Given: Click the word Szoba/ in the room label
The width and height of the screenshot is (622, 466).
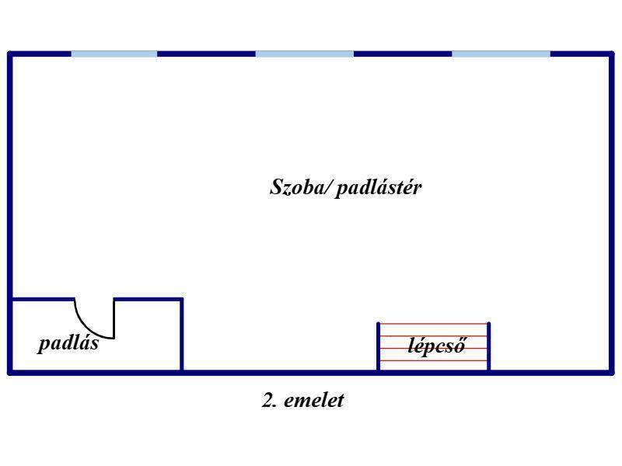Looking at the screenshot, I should point(301,188).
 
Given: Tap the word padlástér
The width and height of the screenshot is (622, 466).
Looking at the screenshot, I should point(379,188).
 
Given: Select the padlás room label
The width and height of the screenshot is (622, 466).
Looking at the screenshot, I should point(68,343).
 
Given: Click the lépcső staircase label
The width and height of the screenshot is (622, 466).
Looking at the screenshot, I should point(437,346).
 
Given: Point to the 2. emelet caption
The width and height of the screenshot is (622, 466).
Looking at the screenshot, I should point(302,401).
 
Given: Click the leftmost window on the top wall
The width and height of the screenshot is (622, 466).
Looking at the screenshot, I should point(114,54).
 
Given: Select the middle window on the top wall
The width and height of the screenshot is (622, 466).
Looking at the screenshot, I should point(304,54).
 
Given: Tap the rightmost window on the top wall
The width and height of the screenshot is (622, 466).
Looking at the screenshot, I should point(501,54).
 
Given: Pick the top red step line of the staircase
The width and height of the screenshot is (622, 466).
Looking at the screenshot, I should point(433,324).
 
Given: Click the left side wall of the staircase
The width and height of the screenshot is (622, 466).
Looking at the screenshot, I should point(379,346).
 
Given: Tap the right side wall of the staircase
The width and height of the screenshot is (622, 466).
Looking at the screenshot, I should point(489,346).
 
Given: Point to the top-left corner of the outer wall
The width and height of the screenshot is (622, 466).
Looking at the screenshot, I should point(10,54).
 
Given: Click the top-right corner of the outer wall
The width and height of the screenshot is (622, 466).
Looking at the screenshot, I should point(611,54).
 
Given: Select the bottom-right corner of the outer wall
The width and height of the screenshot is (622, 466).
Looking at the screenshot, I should point(611,373).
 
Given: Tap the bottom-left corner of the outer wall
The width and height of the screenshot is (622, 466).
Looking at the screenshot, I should point(10,373).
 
